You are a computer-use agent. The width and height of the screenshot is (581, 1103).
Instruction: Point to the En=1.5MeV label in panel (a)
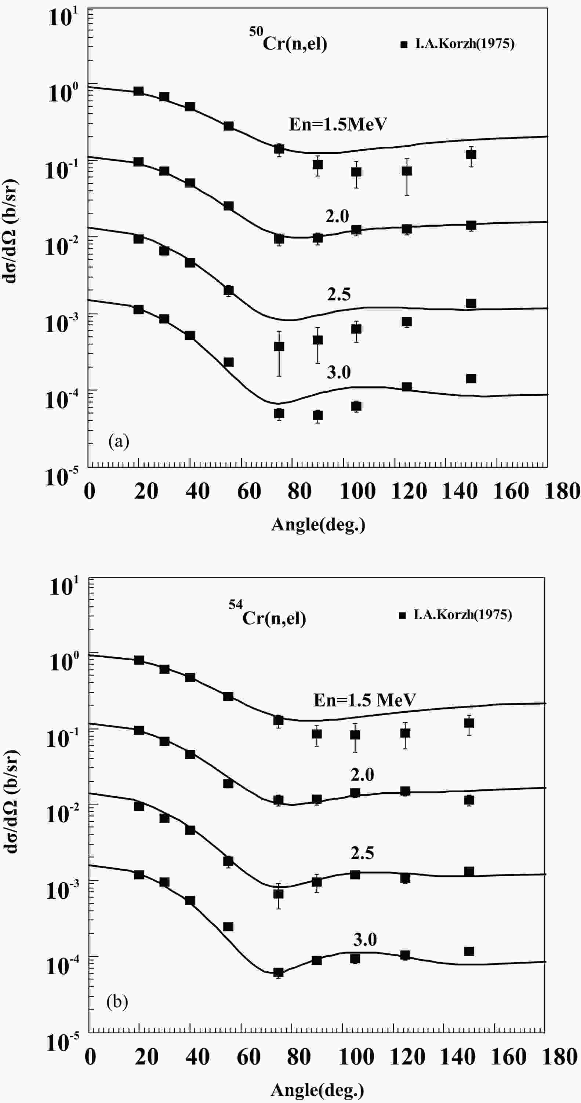[338, 124]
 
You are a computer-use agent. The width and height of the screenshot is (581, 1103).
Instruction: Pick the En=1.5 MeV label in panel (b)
[364, 700]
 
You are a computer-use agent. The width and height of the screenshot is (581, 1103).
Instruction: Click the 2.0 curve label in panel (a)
[337, 217]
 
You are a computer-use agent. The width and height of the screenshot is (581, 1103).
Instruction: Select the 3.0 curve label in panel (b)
[364, 939]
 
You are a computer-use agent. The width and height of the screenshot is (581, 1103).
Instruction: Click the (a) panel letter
[119, 441]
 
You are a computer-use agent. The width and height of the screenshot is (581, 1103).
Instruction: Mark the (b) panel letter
[117, 1002]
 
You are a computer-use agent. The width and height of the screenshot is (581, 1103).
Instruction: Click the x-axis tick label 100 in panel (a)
[357, 491]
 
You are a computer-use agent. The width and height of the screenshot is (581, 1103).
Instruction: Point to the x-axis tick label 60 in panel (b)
[248, 1057]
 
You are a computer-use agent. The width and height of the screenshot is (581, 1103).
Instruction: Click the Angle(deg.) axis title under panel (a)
[318, 525]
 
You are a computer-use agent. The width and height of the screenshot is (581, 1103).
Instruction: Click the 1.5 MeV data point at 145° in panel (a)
[471, 154]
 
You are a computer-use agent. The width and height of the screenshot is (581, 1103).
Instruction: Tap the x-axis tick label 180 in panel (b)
[562, 1057]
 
